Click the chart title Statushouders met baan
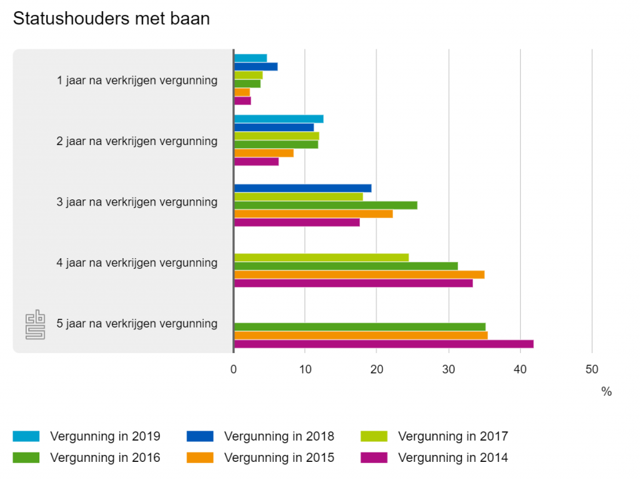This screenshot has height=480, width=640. [x=111, y=19]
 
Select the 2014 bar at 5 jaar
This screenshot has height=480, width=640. [x=383, y=344]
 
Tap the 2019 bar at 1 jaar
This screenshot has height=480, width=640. [x=250, y=58]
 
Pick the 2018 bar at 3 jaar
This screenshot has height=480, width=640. [x=302, y=188]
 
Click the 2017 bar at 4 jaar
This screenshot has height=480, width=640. [x=321, y=257]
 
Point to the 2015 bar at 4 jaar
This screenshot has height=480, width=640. [x=359, y=274]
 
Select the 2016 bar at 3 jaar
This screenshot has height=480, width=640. [x=325, y=205]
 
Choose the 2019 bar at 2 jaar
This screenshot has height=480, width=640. [x=278, y=119]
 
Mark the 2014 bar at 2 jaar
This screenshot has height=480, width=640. [x=256, y=161]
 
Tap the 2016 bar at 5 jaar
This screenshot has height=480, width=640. [x=359, y=327]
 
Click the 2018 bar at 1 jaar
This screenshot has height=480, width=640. [x=256, y=67]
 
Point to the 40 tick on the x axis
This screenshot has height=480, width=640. [x=520, y=369]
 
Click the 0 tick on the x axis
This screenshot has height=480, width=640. [x=234, y=369]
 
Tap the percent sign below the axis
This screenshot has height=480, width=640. [x=606, y=392]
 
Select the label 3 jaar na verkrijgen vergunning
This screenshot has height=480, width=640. [x=137, y=202]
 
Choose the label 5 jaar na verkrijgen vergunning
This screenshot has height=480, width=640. [x=137, y=323]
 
